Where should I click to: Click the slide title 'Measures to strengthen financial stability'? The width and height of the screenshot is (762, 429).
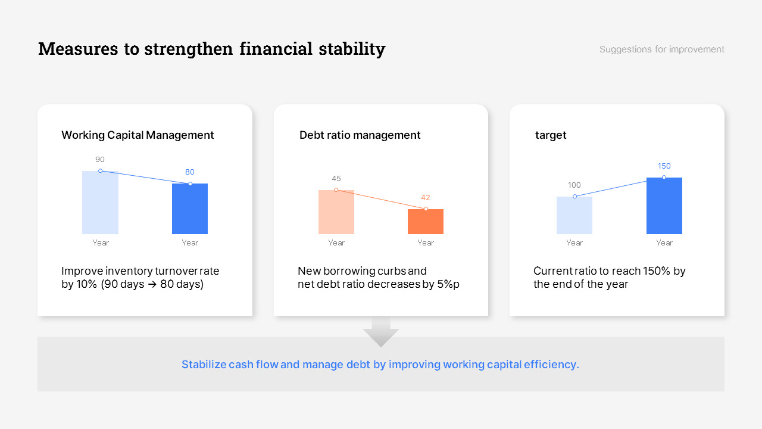211,49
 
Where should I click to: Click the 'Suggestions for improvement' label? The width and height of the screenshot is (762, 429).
661,49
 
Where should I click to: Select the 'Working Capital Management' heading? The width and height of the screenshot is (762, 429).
138,135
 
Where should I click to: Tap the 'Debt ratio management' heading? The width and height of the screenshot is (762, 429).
360,135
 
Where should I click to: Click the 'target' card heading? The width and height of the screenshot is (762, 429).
551,135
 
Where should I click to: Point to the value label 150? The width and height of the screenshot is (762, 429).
664,166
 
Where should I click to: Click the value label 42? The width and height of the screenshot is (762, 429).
426,198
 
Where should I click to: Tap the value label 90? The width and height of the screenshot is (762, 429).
100,160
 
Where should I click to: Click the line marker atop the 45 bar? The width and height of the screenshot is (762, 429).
336,190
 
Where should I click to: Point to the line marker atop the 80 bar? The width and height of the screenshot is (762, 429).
190,184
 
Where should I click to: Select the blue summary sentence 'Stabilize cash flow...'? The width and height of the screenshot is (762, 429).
380,365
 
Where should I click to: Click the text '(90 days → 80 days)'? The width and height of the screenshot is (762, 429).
152,285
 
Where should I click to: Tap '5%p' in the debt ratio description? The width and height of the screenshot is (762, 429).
448,285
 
